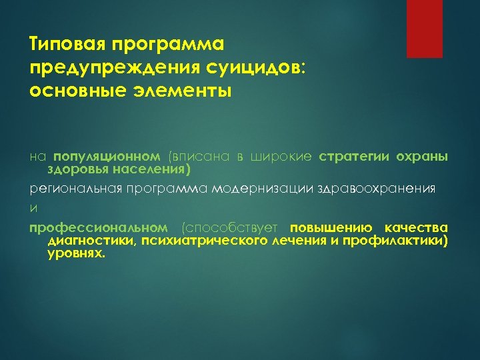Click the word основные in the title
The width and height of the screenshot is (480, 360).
(x=69, y=89)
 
